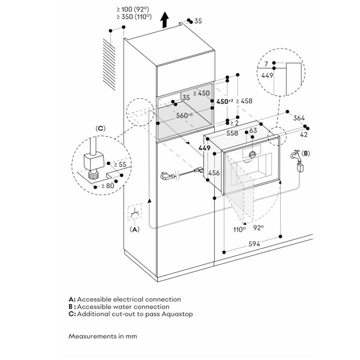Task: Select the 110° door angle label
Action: [x=239, y=229]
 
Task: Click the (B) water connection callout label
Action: [x=306, y=154]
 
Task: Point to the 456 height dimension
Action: [x=213, y=173]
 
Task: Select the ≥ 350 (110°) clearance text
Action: [x=133, y=18]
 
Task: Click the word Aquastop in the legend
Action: [x=168, y=313]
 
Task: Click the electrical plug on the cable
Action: [x=167, y=176]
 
